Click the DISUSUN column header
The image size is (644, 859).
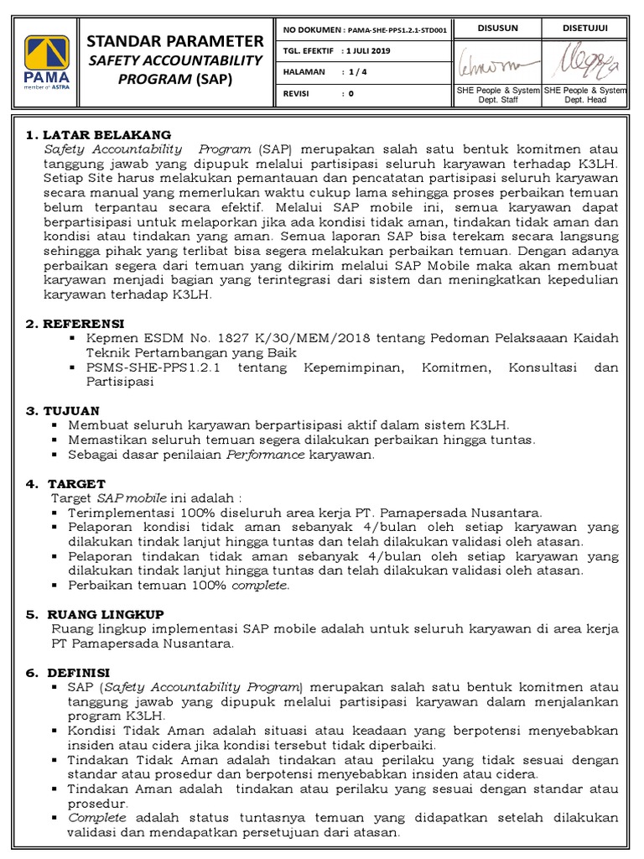coord(497,29)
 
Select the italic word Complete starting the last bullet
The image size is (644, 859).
coord(97,817)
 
